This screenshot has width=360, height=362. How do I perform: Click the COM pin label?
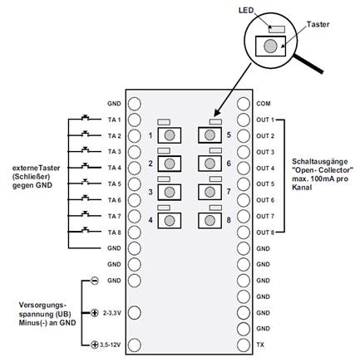click(263, 104)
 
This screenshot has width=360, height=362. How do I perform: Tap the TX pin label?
click(260, 345)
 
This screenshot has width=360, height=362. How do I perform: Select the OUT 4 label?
click(265, 168)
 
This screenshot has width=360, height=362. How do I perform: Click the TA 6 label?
click(115, 200)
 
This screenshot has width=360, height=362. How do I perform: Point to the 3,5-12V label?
click(111, 345)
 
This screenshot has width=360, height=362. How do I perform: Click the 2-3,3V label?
click(112, 313)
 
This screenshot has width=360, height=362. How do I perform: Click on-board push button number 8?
click(210, 220)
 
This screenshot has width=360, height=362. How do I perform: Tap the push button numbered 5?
click(210, 135)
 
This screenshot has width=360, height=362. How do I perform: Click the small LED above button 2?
click(164, 150)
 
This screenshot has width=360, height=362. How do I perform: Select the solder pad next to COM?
click(244, 104)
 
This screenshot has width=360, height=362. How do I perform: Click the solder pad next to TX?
click(244, 345)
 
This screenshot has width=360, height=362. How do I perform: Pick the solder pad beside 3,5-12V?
click(135, 345)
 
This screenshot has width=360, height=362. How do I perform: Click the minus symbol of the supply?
click(95, 281)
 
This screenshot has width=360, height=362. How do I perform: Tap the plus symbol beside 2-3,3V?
click(95, 313)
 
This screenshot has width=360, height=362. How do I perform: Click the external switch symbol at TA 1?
click(86, 118)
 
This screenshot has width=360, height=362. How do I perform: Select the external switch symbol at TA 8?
click(86, 229)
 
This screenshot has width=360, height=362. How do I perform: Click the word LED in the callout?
click(246, 11)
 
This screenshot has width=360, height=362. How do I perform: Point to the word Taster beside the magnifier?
click(318, 24)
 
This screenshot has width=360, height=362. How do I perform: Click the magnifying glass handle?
click(308, 64)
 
